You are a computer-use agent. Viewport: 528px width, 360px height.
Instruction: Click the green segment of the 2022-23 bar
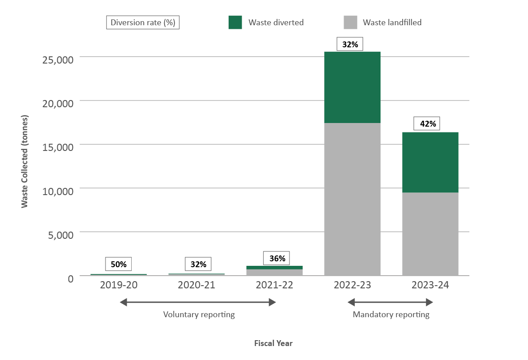click(x=352, y=87)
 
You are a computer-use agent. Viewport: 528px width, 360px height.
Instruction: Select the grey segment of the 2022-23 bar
click(x=352, y=199)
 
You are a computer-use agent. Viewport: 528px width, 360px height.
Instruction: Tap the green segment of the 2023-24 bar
click(x=430, y=162)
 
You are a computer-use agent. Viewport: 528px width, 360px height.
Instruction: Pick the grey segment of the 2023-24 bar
click(x=430, y=234)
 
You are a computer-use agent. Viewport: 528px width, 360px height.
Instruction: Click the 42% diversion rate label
click(x=427, y=124)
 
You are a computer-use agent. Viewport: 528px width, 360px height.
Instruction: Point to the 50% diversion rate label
click(x=119, y=264)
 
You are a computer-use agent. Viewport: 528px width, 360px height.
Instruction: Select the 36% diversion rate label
click(x=276, y=259)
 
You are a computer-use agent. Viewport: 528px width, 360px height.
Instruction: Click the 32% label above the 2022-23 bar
click(x=350, y=45)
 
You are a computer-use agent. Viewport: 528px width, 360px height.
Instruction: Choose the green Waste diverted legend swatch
click(x=235, y=22)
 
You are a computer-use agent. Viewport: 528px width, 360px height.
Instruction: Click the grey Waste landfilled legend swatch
click(x=350, y=22)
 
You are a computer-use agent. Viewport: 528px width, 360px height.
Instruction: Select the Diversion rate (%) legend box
click(x=143, y=23)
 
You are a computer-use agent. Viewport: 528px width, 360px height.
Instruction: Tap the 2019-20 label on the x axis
click(x=119, y=285)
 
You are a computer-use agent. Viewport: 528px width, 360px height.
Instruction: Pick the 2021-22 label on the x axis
click(x=274, y=285)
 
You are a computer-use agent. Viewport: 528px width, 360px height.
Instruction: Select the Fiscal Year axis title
click(x=273, y=343)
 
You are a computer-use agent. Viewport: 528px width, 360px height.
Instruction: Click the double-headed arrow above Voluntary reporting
click(x=197, y=303)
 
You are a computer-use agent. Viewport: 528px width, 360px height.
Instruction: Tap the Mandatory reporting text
click(x=391, y=314)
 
